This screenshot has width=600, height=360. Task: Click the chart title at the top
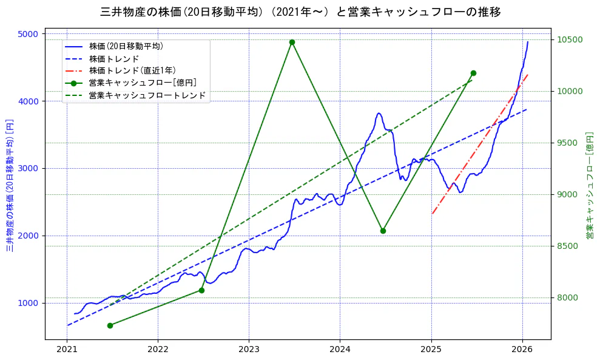click(x=300, y=12)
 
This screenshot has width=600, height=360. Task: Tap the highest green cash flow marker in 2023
click(x=292, y=42)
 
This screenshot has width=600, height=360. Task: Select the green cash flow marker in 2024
click(x=383, y=231)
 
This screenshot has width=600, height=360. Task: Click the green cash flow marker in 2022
click(x=201, y=290)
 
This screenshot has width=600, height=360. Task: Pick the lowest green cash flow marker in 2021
click(x=110, y=325)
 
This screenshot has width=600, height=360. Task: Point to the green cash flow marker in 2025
click(x=473, y=73)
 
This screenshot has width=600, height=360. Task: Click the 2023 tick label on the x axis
click(x=249, y=350)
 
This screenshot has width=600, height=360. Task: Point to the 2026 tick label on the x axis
click(x=522, y=350)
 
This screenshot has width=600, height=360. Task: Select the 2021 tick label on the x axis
click(x=67, y=350)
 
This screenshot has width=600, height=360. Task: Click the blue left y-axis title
click(x=10, y=185)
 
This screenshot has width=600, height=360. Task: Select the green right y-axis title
click(x=589, y=185)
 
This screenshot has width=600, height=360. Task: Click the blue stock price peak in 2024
click(x=379, y=113)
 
